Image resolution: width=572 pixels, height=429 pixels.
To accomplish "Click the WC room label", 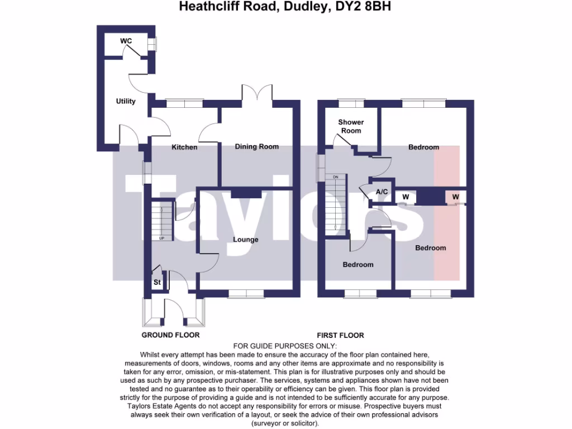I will tap(126, 41).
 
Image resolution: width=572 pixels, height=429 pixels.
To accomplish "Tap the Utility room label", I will tap(126, 101).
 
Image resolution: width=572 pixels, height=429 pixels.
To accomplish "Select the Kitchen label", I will tap(184, 147).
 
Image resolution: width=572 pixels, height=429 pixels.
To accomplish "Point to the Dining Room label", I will tap(256, 147).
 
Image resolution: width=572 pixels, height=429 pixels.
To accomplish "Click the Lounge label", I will tap(246, 240).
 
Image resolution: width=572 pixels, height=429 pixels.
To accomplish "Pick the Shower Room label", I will tap(351, 126).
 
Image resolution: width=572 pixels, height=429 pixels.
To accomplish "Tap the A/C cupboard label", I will tap(382, 192).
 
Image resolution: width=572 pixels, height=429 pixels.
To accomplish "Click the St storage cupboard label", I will tap(157, 283).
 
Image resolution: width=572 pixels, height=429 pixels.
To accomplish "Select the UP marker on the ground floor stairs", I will tap(162, 239).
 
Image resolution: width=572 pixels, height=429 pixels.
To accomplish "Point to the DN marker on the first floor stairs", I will tap(336, 177).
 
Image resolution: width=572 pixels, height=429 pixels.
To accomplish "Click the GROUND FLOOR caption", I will tap(170, 335).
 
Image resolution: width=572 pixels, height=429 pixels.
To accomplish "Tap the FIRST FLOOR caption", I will tap(340, 335).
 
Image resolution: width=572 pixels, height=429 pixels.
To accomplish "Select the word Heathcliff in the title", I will tap(204, 7).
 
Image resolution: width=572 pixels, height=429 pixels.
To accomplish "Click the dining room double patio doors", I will tap(257, 93).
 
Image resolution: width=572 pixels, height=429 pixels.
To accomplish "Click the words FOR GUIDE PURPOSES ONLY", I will tap(285, 346).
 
